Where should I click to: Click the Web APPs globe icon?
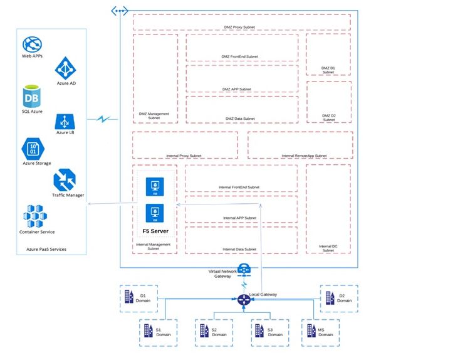coord(32,45)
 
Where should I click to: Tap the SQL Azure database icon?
coord(32,97)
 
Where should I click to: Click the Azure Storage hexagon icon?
coord(32,149)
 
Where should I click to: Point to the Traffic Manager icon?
coord(65,180)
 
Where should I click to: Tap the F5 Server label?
coord(155,231)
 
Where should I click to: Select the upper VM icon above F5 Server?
coord(155,187)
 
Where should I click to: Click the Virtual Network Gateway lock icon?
coord(244,270)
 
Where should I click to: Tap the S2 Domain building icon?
coord(202,331)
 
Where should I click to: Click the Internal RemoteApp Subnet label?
coord(304,156)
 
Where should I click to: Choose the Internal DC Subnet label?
coord(328,248)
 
